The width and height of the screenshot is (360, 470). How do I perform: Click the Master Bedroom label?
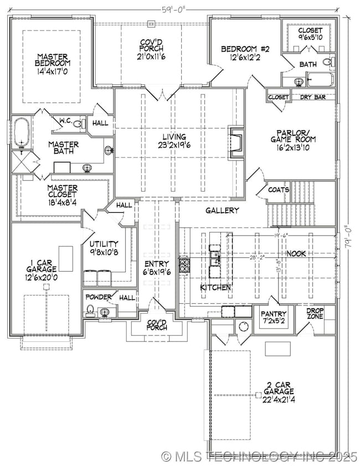53,60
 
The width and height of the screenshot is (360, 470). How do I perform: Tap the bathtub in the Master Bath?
22,132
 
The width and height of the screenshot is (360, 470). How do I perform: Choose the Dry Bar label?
312,97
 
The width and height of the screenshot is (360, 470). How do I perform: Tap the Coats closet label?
278,190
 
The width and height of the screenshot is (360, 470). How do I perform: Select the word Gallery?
222,210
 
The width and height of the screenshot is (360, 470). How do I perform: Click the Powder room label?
99,297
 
